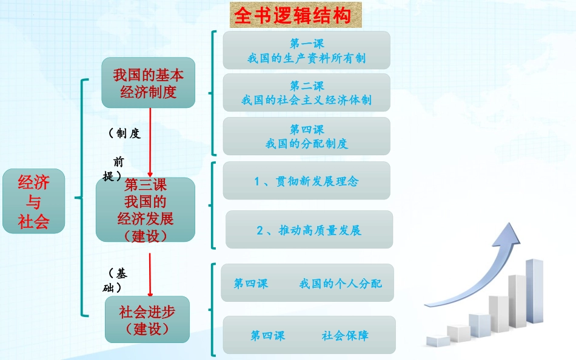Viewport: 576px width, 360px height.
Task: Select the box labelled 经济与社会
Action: (x=34, y=201)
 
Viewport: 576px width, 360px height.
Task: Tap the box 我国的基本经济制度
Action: (x=149, y=82)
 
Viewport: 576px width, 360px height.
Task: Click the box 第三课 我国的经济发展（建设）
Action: (x=146, y=209)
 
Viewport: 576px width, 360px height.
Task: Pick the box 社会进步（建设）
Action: (x=147, y=319)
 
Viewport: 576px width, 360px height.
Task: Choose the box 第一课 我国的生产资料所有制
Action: (x=307, y=50)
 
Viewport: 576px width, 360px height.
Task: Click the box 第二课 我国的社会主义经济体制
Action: (x=307, y=93)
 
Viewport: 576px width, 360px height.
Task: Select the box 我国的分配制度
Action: (x=307, y=136)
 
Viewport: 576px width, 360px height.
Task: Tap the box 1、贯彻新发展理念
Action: (x=307, y=181)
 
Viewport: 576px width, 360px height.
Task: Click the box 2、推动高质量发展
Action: (x=309, y=230)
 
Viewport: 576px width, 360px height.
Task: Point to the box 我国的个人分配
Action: (x=307, y=283)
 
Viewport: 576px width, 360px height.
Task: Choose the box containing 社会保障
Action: (x=309, y=335)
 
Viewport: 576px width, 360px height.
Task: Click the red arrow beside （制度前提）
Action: (x=150, y=142)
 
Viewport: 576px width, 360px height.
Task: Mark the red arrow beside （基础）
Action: (x=150, y=275)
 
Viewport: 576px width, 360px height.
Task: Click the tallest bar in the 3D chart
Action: (x=535, y=291)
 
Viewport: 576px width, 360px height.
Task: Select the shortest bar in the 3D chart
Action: (x=438, y=341)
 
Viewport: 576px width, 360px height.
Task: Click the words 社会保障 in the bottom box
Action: (x=345, y=335)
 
